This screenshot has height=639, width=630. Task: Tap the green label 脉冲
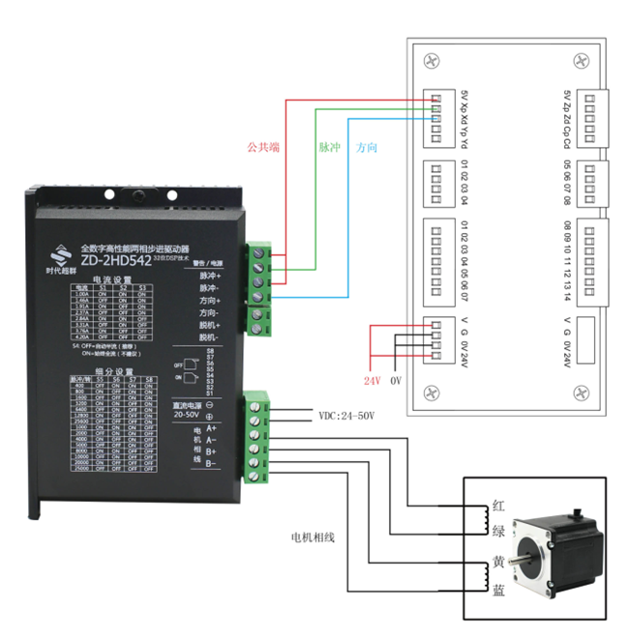pyautogui.click(x=329, y=149)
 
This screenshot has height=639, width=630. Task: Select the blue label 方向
pyautogui.click(x=367, y=149)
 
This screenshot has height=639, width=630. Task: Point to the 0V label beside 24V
pyautogui.click(x=395, y=380)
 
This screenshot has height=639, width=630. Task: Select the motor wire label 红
pyautogui.click(x=499, y=507)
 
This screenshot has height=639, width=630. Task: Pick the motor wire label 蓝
pyautogui.click(x=499, y=589)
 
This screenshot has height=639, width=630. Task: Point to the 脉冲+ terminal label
pyautogui.click(x=211, y=276)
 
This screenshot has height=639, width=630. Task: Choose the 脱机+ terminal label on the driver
pyautogui.click(x=211, y=326)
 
